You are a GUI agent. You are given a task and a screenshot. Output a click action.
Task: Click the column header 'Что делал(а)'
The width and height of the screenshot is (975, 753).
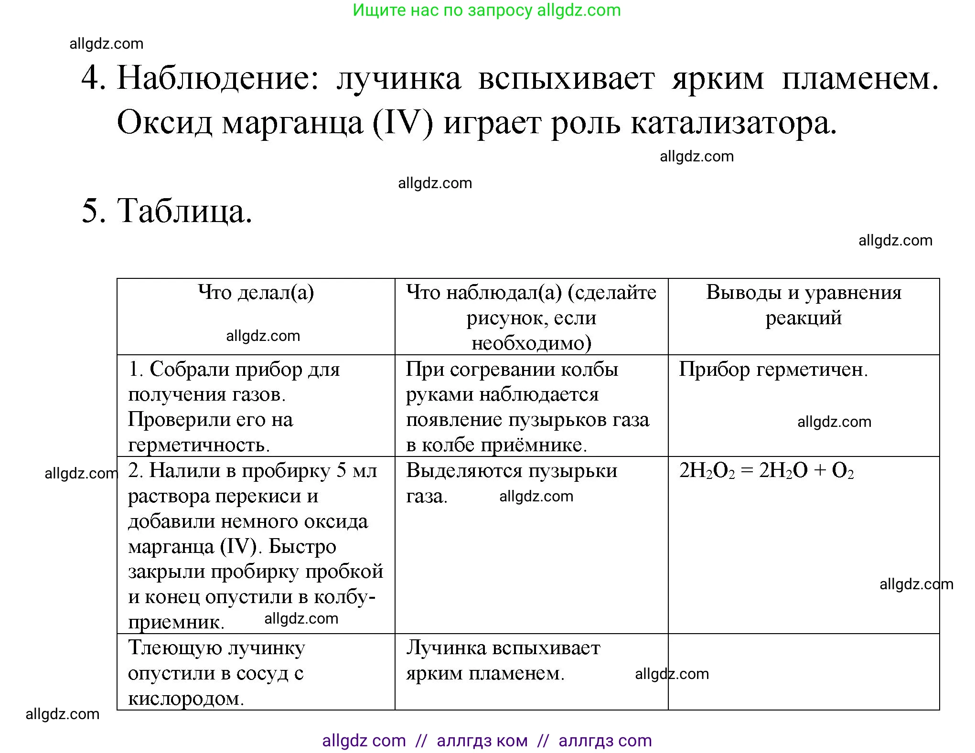pos(256,292)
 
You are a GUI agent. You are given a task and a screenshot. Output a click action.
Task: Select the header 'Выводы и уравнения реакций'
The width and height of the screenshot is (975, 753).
pos(804,305)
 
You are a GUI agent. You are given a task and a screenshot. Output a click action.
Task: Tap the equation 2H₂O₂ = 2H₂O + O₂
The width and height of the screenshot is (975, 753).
pos(766,471)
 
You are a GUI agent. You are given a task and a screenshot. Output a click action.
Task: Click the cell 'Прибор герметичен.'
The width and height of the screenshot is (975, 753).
pos(773,370)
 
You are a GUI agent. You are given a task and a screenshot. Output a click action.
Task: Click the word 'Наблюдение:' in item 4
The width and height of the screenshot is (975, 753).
pos(218,78)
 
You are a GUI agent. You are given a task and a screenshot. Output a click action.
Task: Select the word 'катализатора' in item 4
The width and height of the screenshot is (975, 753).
pos(733,123)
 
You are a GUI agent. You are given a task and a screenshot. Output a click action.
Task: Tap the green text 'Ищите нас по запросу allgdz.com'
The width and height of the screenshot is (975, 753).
pos(487,10)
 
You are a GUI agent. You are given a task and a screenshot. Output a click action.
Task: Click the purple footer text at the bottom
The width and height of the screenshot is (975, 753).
pos(487,740)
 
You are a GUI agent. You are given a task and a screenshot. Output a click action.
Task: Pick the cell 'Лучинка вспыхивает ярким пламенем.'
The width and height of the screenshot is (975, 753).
pos(503,660)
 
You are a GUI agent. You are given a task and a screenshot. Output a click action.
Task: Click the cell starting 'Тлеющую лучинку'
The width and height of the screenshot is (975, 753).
pos(216,673)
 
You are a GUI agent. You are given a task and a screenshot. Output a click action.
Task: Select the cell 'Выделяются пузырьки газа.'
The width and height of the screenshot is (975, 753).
pos(511,483)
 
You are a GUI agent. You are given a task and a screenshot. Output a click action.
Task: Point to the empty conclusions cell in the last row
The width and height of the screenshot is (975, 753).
pos(804,672)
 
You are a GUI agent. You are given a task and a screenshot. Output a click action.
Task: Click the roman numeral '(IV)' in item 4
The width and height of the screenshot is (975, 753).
pos(403,123)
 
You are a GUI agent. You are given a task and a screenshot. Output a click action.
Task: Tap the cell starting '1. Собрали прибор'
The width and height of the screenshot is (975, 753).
pos(234,406)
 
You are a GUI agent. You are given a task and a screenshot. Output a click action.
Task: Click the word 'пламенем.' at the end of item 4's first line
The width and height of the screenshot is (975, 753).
pos(860,78)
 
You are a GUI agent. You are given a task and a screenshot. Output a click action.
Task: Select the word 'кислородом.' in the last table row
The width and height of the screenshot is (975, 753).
pos(186,699)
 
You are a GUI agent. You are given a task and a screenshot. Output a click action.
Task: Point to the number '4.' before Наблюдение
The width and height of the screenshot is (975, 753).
pos(93,78)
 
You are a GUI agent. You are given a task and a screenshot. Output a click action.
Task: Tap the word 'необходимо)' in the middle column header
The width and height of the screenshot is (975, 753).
pos(531,343)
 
